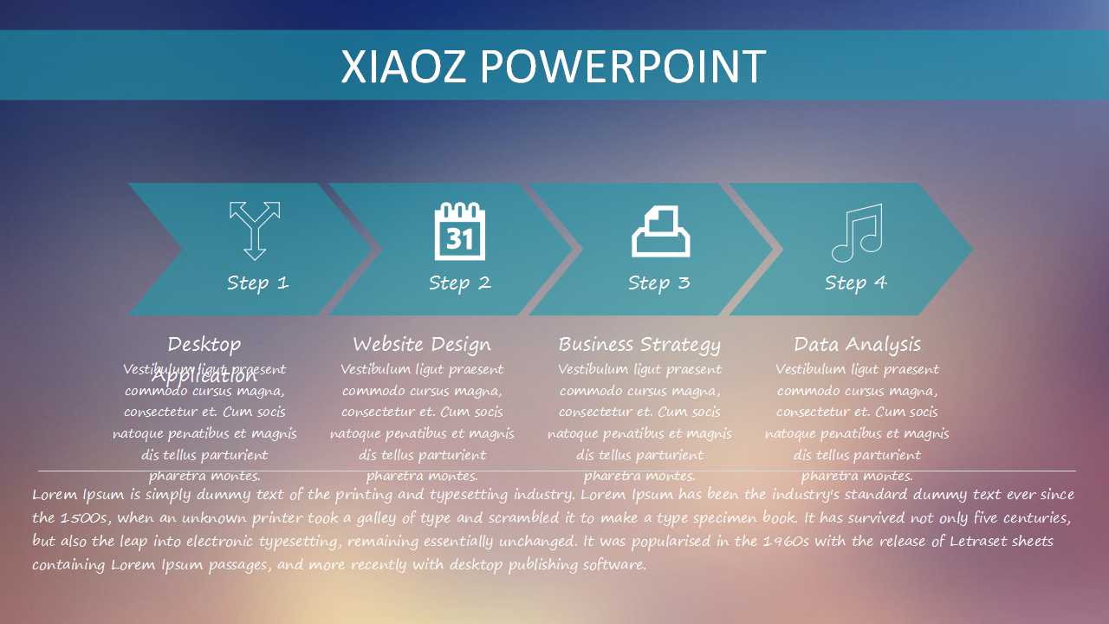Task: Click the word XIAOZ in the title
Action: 404,67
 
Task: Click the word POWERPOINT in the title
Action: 623,67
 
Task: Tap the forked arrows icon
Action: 255,231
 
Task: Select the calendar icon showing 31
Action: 460,231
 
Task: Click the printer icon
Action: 661,231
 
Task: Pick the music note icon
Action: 857,232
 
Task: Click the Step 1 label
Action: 257,283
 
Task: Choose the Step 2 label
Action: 459,283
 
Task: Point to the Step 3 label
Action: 658,283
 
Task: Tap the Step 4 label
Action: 856,283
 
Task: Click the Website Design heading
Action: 422,344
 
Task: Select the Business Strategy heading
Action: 639,344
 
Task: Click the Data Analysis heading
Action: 857,344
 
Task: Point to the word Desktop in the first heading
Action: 204,344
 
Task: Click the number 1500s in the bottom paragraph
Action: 84,518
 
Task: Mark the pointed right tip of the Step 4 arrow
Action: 972,250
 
